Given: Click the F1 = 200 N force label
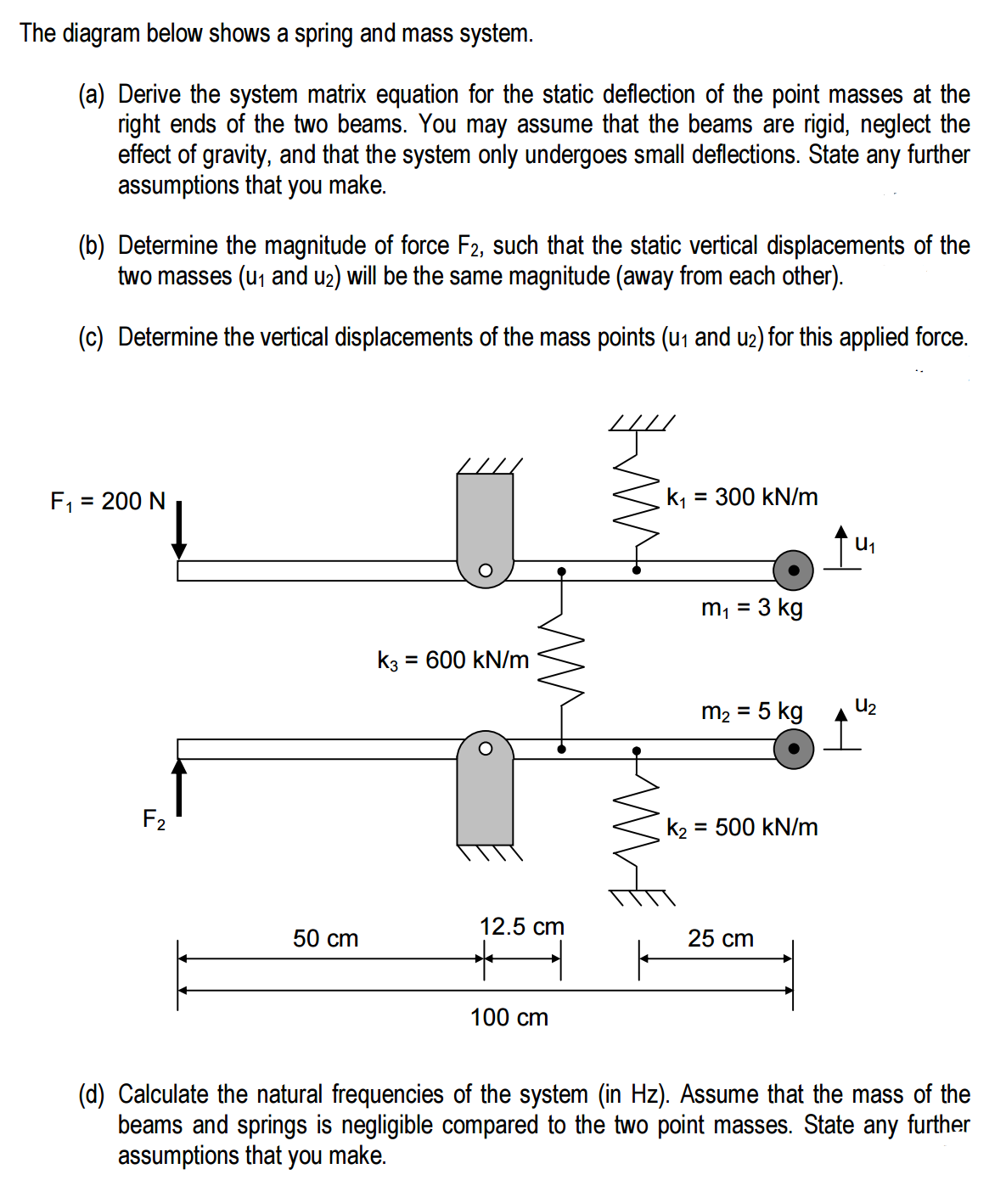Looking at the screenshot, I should tap(108, 501).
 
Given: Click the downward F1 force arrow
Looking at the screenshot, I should tap(179, 531).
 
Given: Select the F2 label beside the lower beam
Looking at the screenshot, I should tap(154, 819).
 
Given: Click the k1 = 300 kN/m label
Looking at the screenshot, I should tap(742, 497).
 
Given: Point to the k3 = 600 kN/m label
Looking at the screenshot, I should tap(452, 660).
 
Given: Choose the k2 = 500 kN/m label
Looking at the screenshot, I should tap(742, 827).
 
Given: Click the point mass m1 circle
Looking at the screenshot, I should tap(794, 570).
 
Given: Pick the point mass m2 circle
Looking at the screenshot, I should tap(794, 749).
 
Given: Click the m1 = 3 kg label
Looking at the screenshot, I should tap(751, 608).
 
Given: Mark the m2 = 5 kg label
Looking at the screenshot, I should tap(751, 711).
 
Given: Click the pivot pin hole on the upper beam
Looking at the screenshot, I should tap(485, 570).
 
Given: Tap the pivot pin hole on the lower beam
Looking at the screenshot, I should tap(485, 749).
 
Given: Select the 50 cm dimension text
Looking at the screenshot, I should tap(326, 938).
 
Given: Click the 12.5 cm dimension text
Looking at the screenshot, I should tap(521, 926).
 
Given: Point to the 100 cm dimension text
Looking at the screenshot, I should tap(509, 1017).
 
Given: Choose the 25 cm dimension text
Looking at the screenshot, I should tap(721, 938).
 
